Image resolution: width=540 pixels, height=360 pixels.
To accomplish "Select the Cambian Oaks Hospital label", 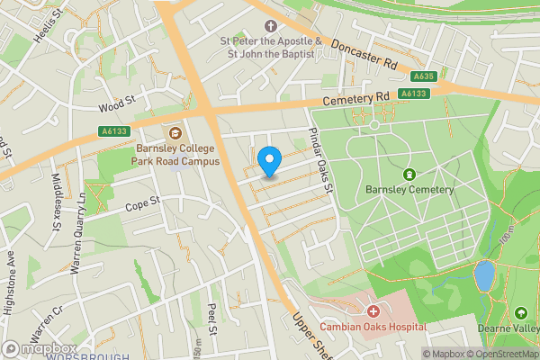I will pos(373,328).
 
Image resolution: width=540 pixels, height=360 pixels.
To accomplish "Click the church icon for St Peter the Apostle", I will pos(269,27).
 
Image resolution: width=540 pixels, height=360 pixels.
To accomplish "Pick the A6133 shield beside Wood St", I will pos(112,131).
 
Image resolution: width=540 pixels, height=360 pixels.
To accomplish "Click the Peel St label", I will pos(212,319).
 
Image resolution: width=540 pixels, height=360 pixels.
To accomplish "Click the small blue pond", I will pos(484,275).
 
